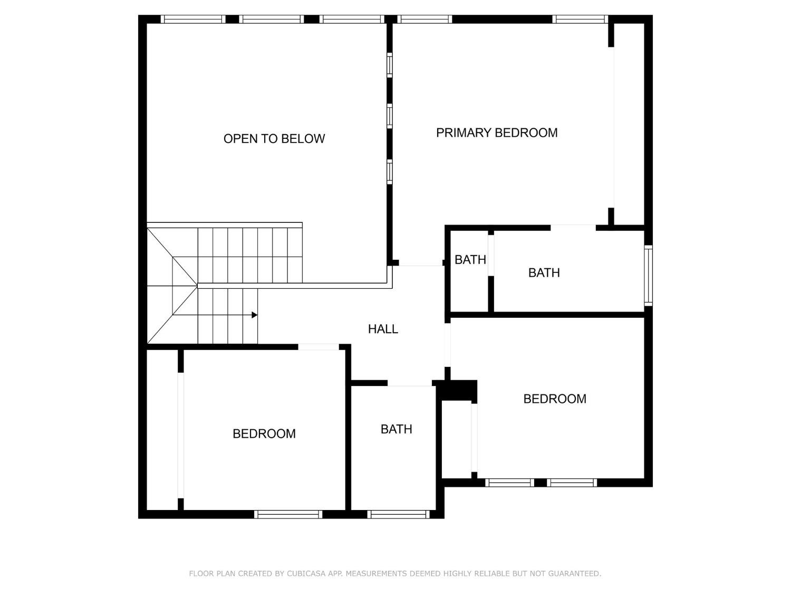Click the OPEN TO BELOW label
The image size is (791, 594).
click(x=274, y=139)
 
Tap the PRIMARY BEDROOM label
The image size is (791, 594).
click(x=497, y=133)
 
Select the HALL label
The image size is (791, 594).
click(x=383, y=329)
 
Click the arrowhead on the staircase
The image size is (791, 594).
click(x=255, y=315)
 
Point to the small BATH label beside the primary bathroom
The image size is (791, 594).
click(x=470, y=260)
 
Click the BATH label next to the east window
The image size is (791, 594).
click(x=544, y=272)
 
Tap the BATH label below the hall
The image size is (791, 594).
click(x=396, y=429)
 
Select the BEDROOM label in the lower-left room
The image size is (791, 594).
click(x=264, y=433)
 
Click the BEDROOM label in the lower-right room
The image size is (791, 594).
click(x=554, y=399)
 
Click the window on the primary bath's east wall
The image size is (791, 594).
click(x=648, y=275)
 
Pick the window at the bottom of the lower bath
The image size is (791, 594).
click(x=399, y=514)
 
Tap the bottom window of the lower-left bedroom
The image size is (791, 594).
click(x=288, y=514)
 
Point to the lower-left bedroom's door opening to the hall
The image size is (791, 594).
click(x=319, y=347)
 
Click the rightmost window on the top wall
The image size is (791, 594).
click(x=580, y=20)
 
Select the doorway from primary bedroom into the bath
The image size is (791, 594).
click(x=573, y=228)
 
